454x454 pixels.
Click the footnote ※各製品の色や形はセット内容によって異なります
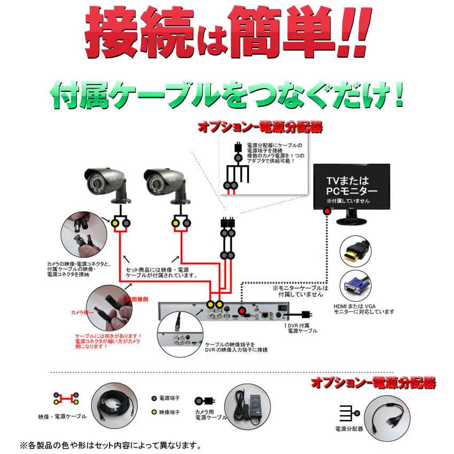(x=110, y=444)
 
